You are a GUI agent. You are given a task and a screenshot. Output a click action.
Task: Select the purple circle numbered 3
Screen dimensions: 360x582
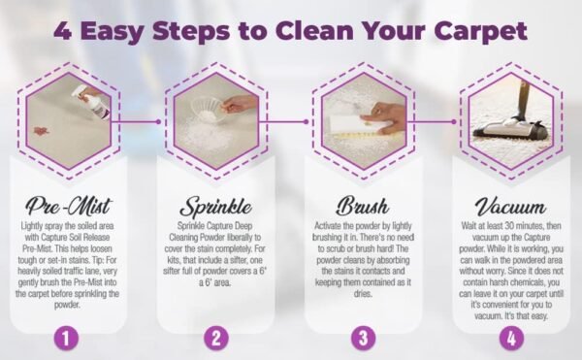coord(363,340)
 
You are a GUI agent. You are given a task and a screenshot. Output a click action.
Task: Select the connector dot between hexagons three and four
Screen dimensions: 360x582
coord(453,122)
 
